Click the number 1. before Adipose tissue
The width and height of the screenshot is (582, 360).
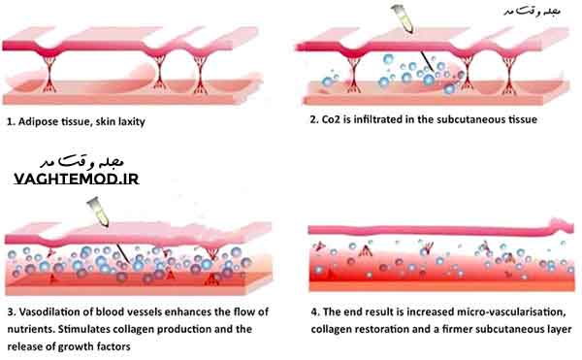point(10,123)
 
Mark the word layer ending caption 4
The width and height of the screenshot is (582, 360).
point(557,329)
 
